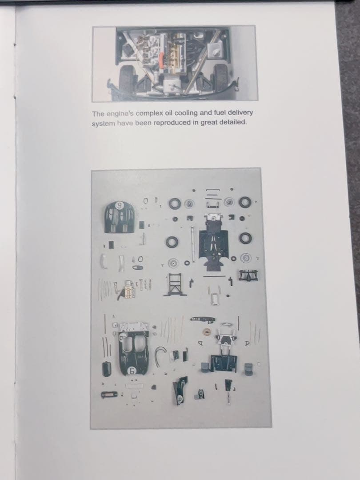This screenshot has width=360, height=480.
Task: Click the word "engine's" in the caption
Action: [x=120, y=114]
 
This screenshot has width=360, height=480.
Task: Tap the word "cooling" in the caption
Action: [x=186, y=113]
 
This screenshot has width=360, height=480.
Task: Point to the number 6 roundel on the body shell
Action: [x=132, y=371]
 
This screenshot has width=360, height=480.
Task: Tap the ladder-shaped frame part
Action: [x=175, y=285]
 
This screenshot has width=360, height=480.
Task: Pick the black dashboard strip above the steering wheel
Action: [x=203, y=319]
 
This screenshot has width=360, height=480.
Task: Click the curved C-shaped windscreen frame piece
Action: [x=160, y=356]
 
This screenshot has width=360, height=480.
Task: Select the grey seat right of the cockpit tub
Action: [x=249, y=369]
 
